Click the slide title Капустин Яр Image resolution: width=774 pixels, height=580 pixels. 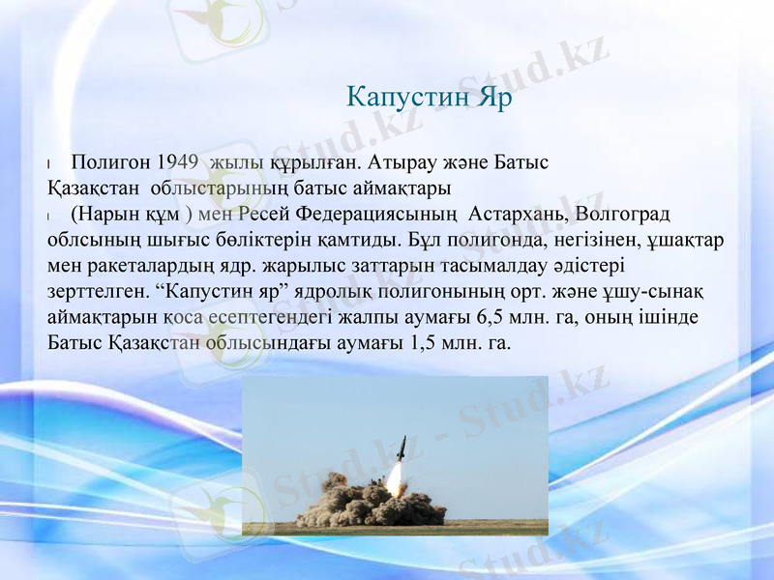click(429, 99)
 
